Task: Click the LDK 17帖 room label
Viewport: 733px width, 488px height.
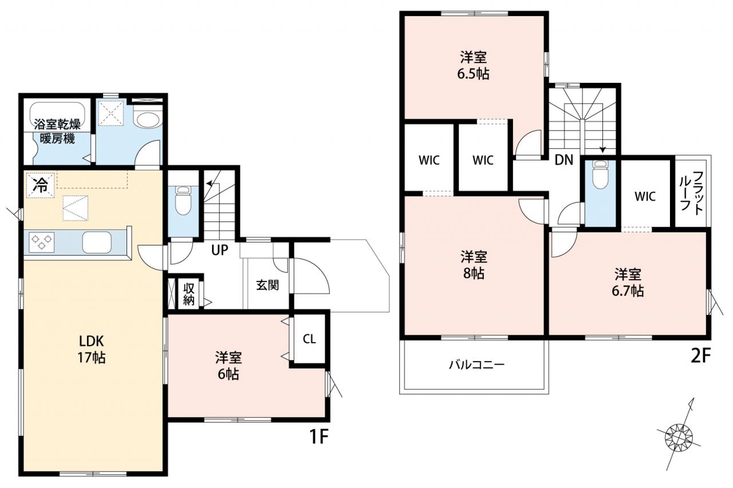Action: tap(91, 350)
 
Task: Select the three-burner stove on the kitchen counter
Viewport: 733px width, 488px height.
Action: tap(42, 242)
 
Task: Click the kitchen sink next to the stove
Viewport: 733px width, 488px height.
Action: tap(97, 242)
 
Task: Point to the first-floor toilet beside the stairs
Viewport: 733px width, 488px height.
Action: tap(183, 200)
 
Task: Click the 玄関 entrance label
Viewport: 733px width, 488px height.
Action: tap(267, 285)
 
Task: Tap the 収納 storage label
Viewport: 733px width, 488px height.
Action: tap(189, 294)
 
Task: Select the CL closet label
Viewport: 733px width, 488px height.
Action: tap(309, 339)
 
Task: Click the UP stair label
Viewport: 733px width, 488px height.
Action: tap(219, 250)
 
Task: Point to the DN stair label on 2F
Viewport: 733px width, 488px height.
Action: tap(564, 160)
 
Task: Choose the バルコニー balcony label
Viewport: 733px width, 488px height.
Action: tap(476, 364)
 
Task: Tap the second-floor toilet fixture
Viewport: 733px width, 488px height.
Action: tap(600, 175)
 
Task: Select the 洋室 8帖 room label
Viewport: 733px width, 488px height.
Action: tap(474, 265)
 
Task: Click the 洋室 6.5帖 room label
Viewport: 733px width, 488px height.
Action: tap(473, 65)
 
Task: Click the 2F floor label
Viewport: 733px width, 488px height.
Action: tap(700, 356)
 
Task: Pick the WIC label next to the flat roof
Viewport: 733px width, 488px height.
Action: tap(645, 196)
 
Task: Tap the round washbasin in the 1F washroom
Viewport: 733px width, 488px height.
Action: tap(149, 120)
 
